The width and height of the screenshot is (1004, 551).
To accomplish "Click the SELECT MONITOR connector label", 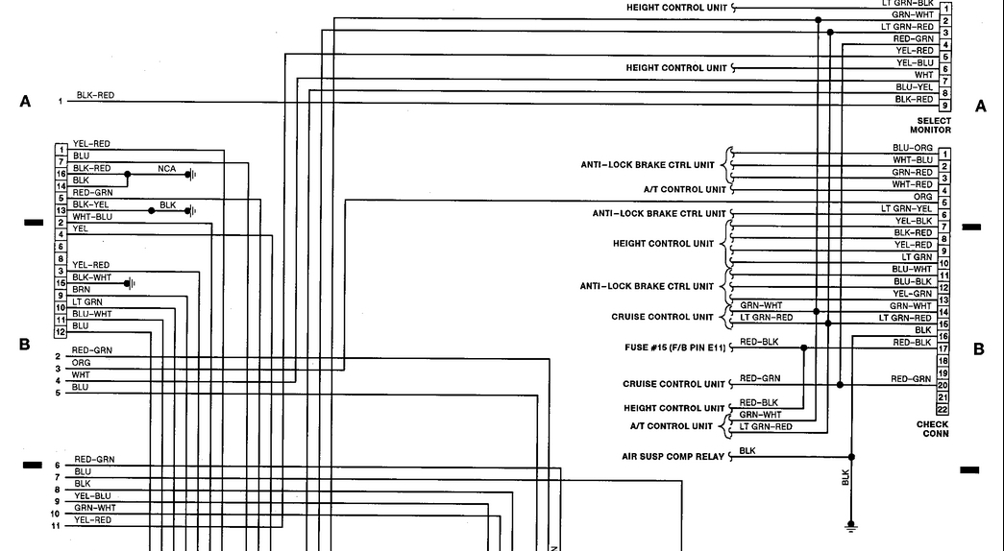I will tap(930, 126).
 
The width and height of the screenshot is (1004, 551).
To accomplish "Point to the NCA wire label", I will tap(167, 168).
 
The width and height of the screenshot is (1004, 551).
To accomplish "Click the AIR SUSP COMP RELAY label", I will tap(673, 456).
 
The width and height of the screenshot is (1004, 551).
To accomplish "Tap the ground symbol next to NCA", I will tap(190, 175).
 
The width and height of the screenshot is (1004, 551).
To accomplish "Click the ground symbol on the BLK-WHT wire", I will tap(130, 283).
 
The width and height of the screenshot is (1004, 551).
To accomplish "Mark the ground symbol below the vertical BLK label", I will tap(850, 525).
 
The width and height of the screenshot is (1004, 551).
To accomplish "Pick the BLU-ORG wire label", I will tap(912, 148).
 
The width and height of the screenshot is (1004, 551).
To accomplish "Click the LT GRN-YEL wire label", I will tap(907, 208).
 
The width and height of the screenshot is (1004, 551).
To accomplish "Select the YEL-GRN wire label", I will tap(913, 293).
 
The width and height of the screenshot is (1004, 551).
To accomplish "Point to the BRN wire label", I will tap(82, 289).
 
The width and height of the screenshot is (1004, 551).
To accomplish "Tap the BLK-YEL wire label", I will tap(90, 204).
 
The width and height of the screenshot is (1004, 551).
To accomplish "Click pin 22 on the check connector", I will tap(943, 410).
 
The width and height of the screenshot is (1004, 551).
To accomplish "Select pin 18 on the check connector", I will tap(943, 360).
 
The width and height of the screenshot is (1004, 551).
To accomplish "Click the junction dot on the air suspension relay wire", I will tap(850, 457).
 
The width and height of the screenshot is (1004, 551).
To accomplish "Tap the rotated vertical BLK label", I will tap(845, 476).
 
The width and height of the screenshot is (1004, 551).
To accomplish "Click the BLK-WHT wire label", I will tap(91, 276).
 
